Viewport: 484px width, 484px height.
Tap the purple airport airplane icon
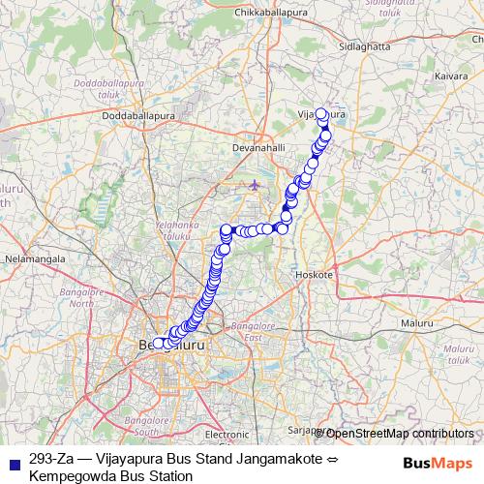(x=255, y=184)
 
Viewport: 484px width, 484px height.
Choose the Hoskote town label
(x=315, y=275)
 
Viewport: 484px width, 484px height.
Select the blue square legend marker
(x=15, y=461)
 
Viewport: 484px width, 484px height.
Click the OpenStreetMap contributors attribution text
(x=399, y=433)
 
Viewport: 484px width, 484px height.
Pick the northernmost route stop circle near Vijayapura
(x=321, y=113)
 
